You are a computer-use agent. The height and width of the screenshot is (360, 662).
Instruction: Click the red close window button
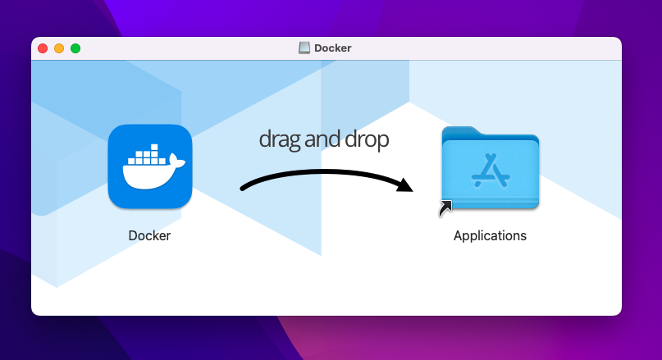click(x=43, y=48)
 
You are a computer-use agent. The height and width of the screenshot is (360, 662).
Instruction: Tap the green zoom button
click(x=75, y=48)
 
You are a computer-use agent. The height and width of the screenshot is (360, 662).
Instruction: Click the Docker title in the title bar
click(x=333, y=48)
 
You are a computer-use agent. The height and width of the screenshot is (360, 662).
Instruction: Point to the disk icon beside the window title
click(x=304, y=48)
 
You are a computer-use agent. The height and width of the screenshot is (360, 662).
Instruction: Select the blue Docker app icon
click(x=149, y=166)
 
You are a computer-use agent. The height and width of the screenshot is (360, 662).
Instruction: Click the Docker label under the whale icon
click(x=149, y=235)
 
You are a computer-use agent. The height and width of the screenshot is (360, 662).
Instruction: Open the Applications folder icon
click(x=490, y=169)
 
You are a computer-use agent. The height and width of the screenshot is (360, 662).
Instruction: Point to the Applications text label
click(x=490, y=235)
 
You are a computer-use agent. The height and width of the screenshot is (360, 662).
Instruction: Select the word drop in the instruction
click(x=368, y=139)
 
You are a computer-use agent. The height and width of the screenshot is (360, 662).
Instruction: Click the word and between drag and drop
click(x=324, y=139)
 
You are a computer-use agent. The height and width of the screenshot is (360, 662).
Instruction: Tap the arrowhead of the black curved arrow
click(x=405, y=184)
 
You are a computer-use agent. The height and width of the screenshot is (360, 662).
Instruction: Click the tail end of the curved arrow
click(x=244, y=189)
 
